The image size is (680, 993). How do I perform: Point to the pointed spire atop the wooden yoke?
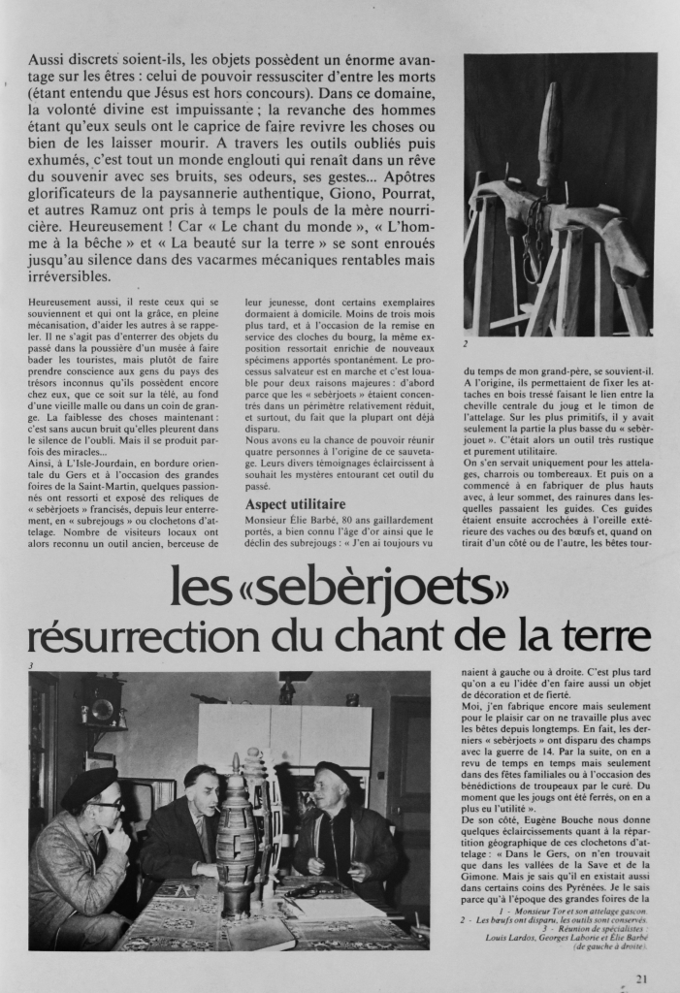(x=549, y=131)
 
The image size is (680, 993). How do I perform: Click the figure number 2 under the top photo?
(x=467, y=343)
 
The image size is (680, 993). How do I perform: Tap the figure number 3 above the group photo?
(x=32, y=665)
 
